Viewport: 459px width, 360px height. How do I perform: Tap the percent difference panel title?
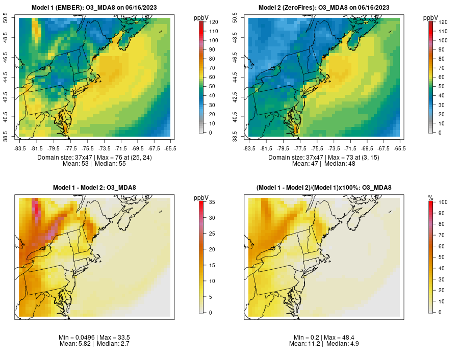(324, 188)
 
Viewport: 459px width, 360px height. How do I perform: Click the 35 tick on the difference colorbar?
(211, 202)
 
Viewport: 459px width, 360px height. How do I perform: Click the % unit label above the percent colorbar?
(430, 197)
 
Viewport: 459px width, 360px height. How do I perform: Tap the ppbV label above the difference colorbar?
(201, 197)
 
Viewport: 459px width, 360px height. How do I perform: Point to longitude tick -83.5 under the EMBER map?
(19, 148)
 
